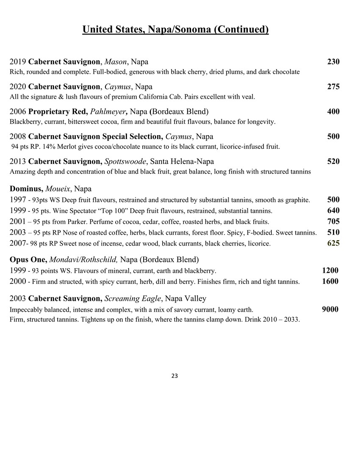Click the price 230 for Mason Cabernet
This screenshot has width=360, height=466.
[x=333, y=62]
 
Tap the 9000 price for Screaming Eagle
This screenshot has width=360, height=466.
[x=330, y=309]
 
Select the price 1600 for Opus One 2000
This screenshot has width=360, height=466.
[x=330, y=281]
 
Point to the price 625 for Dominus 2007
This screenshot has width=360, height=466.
[x=333, y=243]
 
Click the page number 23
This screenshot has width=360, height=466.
[x=174, y=376]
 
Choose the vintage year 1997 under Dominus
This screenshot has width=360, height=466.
[x=17, y=200]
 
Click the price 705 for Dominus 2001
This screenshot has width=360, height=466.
[x=333, y=221]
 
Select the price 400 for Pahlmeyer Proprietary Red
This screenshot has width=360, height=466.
[x=333, y=112]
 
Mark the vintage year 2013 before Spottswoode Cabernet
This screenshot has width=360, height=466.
[x=17, y=161]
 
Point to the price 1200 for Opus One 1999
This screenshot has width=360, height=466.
[x=330, y=270]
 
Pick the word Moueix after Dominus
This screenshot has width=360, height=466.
[x=58, y=189]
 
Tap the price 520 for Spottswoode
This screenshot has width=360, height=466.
[x=333, y=161]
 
